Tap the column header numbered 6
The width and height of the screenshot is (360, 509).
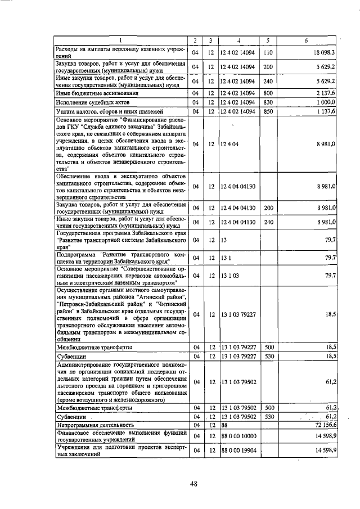[306, 40]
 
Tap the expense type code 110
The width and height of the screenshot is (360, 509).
[268, 53]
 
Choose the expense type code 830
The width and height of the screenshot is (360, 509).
[268, 102]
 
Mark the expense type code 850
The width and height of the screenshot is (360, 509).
[268, 112]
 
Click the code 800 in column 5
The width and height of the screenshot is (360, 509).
[268, 93]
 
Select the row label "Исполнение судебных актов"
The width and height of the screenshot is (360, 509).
[93, 103]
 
